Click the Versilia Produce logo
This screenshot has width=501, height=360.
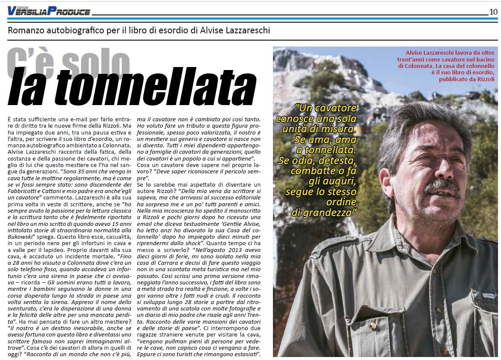(48, 12)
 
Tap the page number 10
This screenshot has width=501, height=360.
(493, 12)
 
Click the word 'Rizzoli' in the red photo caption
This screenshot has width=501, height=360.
(483, 79)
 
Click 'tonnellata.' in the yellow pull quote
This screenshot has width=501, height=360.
(331, 149)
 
